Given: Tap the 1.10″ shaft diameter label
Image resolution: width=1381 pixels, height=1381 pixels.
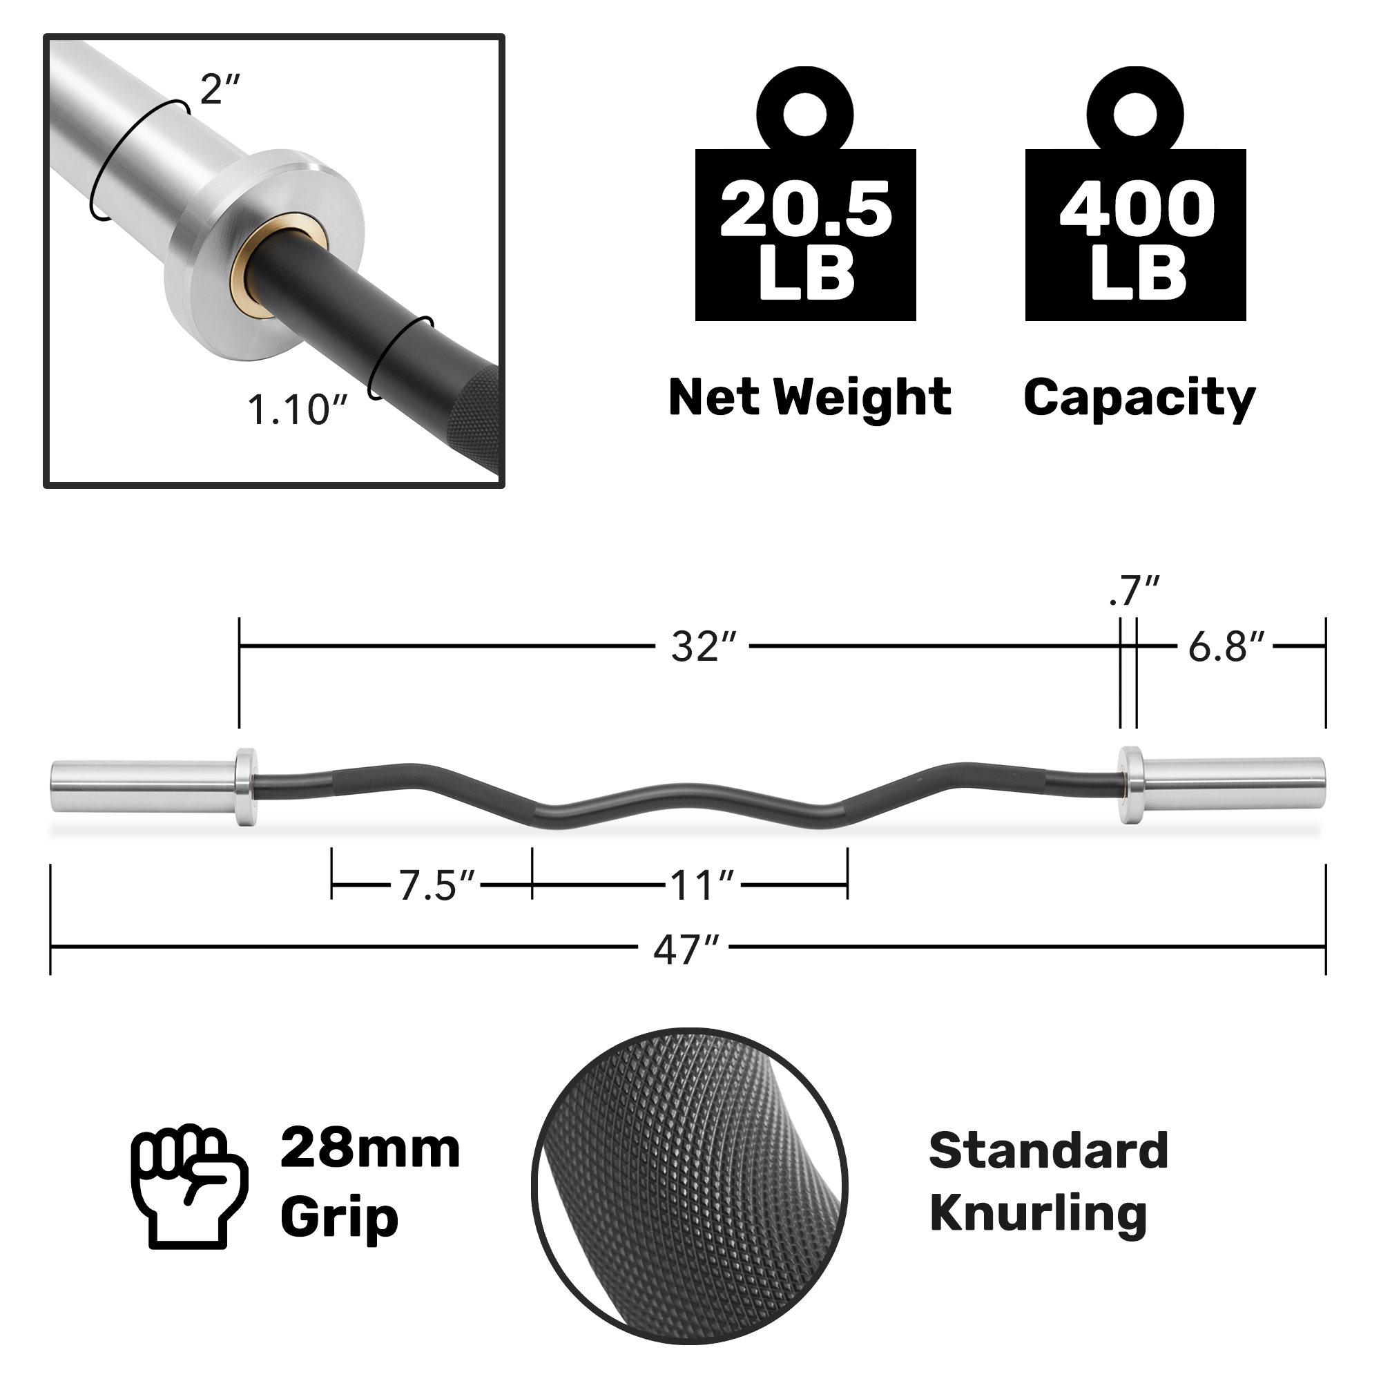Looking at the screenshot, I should tap(297, 410).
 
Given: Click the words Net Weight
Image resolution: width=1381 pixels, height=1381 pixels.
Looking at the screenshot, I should tap(809, 398).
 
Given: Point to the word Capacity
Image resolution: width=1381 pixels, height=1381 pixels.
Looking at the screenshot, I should tap(1139, 398).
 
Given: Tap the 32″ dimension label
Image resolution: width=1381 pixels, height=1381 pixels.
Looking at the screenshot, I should tap(702, 647).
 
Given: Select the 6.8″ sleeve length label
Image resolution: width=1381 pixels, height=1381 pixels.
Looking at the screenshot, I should tap(1225, 647).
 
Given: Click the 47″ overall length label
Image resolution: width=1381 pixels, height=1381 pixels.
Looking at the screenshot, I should tap(685, 950).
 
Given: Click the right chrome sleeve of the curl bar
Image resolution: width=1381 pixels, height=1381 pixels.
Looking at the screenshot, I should tap(1233, 784).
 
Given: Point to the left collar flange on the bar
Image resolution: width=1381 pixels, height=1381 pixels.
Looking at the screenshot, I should tap(245, 787).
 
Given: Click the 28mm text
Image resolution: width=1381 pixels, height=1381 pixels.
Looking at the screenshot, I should tap(369, 1150).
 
